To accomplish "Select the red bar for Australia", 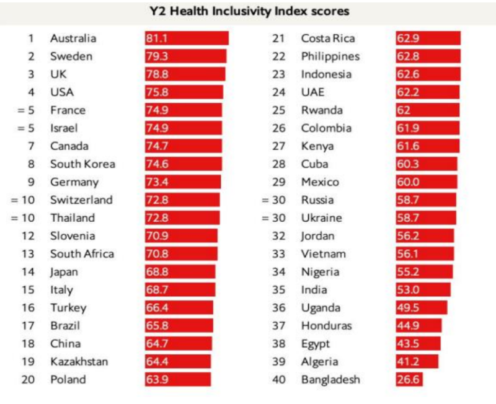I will pyautogui.click(x=187, y=38).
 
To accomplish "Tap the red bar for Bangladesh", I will pyautogui.click(x=409, y=379).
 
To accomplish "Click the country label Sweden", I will pyautogui.click(x=71, y=56).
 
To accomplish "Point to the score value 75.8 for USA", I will pyautogui.click(x=157, y=92).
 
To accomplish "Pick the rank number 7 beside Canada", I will pyautogui.click(x=30, y=146).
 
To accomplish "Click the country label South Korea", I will pyautogui.click(x=82, y=164).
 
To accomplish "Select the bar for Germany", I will pyautogui.click(x=183, y=182).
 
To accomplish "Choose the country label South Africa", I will pyautogui.click(x=82, y=253).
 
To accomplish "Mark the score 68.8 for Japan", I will pyautogui.click(x=157, y=272).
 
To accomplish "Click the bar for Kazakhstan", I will pyautogui.click(x=178, y=361).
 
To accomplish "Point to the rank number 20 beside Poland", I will pyautogui.click(x=28, y=379).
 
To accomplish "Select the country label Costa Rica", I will pyautogui.click(x=328, y=38).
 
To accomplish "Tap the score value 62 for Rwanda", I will pyautogui.click(x=404, y=110).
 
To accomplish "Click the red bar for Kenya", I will pyautogui.click(x=428, y=146).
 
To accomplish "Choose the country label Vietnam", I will pyautogui.click(x=324, y=253).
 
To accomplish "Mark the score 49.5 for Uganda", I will pyautogui.click(x=407, y=308).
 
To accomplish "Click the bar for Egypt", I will pyautogui.click(x=418, y=344).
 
